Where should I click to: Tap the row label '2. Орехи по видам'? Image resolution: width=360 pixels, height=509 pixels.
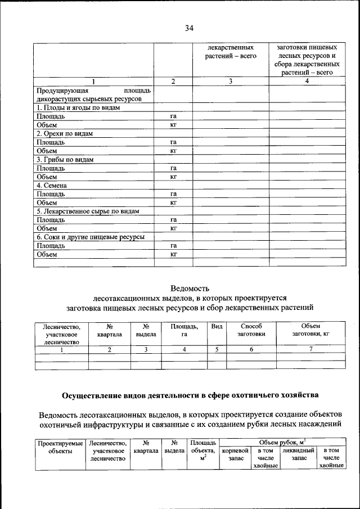pyautogui.click(x=64, y=133)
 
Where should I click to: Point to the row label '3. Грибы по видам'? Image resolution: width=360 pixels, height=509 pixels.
pyautogui.click(x=64, y=159)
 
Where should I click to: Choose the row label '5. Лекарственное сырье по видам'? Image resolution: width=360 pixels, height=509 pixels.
pyautogui.click(x=87, y=211)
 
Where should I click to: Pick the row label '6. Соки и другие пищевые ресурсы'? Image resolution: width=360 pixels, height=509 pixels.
pyautogui.click(x=90, y=237)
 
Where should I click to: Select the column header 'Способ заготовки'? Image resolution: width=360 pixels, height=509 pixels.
pyautogui.click(x=251, y=330)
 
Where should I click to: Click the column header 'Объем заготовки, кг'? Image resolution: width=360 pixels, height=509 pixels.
pyautogui.click(x=310, y=330)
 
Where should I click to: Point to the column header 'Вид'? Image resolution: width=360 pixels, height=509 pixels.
pyautogui.click(x=217, y=326)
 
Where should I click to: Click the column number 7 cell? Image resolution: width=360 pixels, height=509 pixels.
pyautogui.click(x=310, y=349)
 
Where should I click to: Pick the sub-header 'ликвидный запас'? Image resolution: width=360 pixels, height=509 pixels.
pyautogui.click(x=298, y=454)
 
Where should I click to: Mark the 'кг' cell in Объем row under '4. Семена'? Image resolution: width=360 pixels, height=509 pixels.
pyautogui.click(x=174, y=202)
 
